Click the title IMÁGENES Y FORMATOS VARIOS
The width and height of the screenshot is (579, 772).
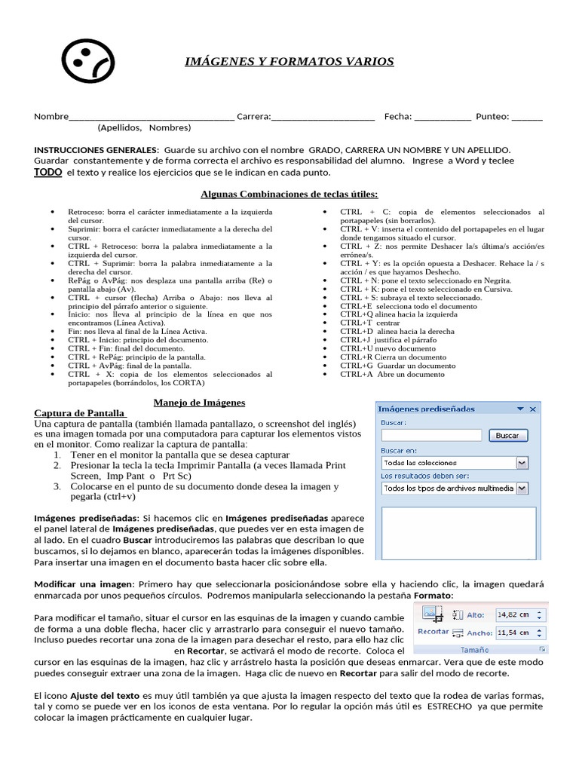coord(289,61)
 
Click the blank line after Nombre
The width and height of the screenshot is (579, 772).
coord(152,117)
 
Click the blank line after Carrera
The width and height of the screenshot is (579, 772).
coord(323,117)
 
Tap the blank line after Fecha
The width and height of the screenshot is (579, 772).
coord(443,117)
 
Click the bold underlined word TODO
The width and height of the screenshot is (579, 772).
coord(47,173)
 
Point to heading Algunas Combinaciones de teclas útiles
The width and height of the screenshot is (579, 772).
coord(289,194)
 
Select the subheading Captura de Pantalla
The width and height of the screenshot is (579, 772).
coord(80,413)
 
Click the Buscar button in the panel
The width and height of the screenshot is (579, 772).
coord(507,436)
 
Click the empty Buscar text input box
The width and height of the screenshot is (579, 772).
coord(431,436)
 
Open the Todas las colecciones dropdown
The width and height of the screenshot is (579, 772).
coord(522,463)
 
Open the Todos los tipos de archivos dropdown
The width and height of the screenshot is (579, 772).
coord(522,489)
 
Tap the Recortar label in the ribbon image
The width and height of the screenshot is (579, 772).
coord(433,632)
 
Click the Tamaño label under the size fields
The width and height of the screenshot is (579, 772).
coord(474,649)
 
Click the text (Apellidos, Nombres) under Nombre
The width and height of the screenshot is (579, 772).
coord(144,127)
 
